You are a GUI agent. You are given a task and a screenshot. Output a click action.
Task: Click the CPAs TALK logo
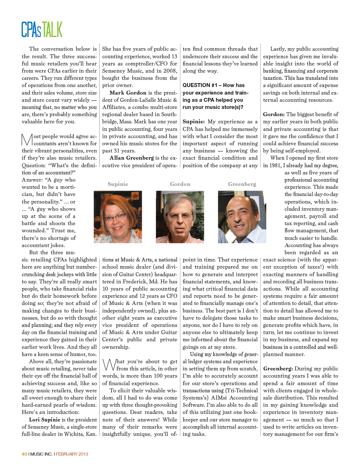click(x=42, y=29)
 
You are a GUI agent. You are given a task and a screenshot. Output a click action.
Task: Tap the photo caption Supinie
click(x=118, y=184)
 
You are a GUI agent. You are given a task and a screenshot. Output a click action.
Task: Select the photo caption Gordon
click(x=180, y=184)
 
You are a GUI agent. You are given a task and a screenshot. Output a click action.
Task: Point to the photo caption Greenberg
click(x=242, y=184)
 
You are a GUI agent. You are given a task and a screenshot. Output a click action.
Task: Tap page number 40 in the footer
click(x=24, y=454)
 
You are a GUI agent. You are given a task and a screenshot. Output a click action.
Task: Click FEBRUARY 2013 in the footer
click(x=72, y=454)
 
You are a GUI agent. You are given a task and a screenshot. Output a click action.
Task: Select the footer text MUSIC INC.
click(x=41, y=454)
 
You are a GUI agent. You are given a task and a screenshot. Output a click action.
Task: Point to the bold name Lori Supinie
click(x=45, y=420)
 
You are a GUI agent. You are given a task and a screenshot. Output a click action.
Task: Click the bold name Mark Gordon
click(x=128, y=93)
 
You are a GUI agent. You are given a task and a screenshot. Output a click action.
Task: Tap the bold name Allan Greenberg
click(x=126, y=158)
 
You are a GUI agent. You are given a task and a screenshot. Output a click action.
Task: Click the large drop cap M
click(x=27, y=140)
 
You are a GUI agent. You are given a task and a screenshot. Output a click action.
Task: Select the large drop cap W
click(x=109, y=364)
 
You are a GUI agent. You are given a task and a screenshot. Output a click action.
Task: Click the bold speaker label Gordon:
click(x=274, y=114)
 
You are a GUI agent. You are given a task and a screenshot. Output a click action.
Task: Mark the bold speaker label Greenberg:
click(x=278, y=369)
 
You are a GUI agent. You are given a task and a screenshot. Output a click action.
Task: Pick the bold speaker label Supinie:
click(x=194, y=122)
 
